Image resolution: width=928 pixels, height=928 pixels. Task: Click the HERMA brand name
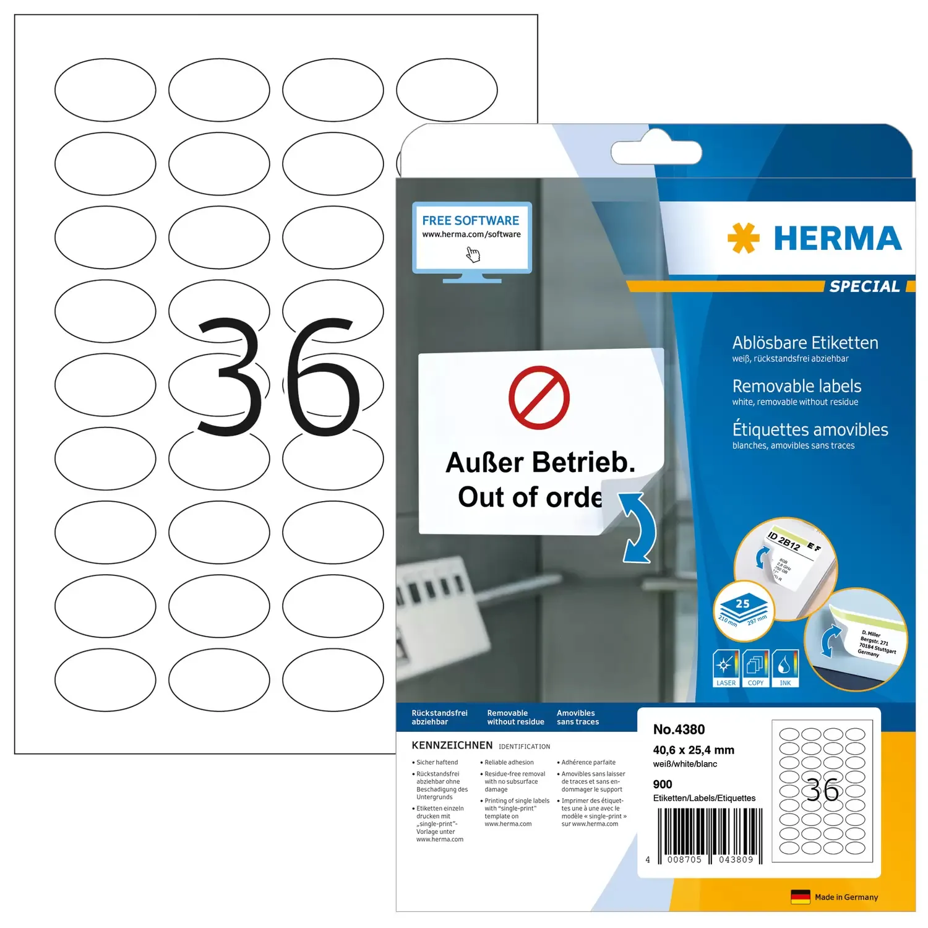pyautogui.click(x=837, y=239)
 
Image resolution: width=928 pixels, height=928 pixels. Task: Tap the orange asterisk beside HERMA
pyautogui.click(x=743, y=238)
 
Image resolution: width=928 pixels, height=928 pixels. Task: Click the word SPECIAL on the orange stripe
pyautogui.click(x=864, y=286)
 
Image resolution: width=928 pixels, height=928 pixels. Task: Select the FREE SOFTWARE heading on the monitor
pyautogui.click(x=470, y=221)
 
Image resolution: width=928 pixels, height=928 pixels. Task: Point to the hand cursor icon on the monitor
pyautogui.click(x=473, y=254)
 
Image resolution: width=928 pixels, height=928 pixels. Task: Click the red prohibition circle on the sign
pyautogui.click(x=539, y=398)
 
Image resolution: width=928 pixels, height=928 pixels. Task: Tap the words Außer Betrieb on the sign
pyautogui.click(x=540, y=463)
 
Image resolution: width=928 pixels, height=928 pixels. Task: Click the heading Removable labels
pyautogui.click(x=796, y=386)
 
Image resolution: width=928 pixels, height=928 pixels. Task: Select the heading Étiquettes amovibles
pyautogui.click(x=810, y=429)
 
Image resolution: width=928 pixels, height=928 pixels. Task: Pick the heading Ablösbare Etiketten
pyautogui.click(x=805, y=343)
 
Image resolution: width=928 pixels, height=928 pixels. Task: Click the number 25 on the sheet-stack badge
pyautogui.click(x=742, y=604)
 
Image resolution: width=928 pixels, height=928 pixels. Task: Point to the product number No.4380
pyautogui.click(x=679, y=729)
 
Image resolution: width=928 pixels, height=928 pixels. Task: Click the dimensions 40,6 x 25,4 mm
pyautogui.click(x=693, y=750)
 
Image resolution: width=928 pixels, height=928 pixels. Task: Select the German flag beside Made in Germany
pyautogui.click(x=800, y=897)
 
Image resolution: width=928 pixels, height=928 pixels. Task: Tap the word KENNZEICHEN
pyautogui.click(x=452, y=745)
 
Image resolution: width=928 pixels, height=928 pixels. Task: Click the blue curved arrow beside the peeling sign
pyautogui.click(x=638, y=528)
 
